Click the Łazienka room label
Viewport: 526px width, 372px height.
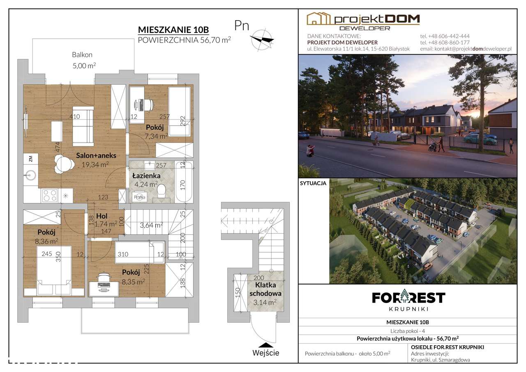[146, 176]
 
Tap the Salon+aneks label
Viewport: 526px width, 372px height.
[96, 155]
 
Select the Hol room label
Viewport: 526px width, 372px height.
[102, 216]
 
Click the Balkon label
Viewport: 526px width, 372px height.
[82, 55]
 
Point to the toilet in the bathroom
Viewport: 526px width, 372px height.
[161, 191]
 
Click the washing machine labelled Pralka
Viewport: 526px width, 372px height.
[139, 197]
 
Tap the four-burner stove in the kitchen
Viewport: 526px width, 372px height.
[50, 196]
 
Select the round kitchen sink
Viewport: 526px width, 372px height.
[30, 175]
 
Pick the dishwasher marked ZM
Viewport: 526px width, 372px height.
[30, 159]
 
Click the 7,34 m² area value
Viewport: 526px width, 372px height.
[156, 136]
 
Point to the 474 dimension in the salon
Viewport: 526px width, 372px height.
[57, 148]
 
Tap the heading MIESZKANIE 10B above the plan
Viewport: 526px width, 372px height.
[173, 30]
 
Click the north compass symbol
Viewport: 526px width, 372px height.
[261, 40]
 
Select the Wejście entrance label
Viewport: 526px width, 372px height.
[266, 353]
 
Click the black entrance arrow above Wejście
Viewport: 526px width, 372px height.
[266, 345]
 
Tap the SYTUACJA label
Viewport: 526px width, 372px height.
[313, 183]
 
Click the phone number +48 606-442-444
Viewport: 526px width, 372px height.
[445, 36]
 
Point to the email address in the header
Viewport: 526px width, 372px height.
[466, 49]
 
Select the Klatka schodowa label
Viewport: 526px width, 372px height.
[265, 289]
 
